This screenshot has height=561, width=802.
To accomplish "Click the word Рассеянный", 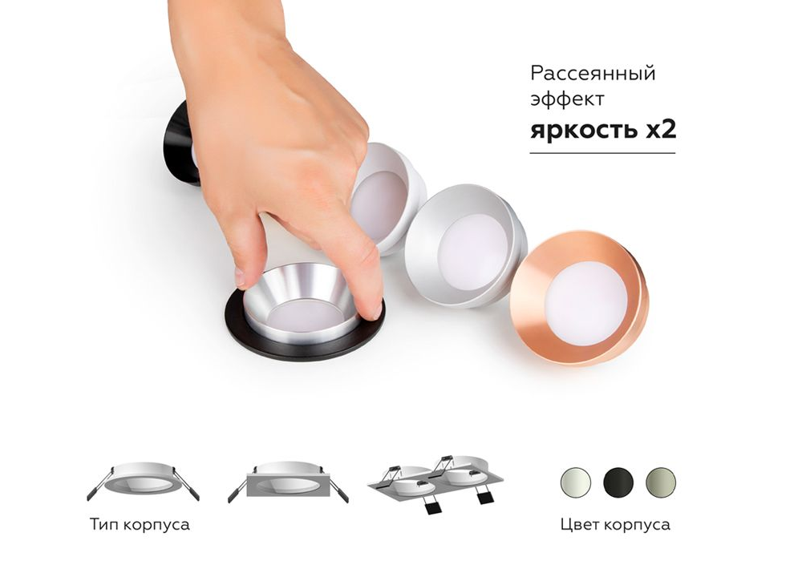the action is [x=593, y=74].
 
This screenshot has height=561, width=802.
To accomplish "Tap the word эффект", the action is [x=567, y=99].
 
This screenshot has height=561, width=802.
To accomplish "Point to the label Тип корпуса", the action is [x=140, y=524].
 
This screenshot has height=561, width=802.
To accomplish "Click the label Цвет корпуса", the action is [x=615, y=524].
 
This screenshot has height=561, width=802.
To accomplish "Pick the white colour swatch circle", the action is [x=576, y=482].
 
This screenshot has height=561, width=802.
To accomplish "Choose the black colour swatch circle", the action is [x=618, y=482].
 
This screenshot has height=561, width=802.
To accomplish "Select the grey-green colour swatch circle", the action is [x=661, y=482].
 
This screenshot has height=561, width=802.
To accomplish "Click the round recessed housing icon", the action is [x=144, y=481].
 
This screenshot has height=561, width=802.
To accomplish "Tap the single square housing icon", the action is [x=288, y=482].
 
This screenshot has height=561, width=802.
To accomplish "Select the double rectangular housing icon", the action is [x=435, y=483].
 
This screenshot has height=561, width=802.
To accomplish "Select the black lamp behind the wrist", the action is [x=180, y=143].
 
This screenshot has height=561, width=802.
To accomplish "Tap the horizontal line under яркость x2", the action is [x=602, y=153].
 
